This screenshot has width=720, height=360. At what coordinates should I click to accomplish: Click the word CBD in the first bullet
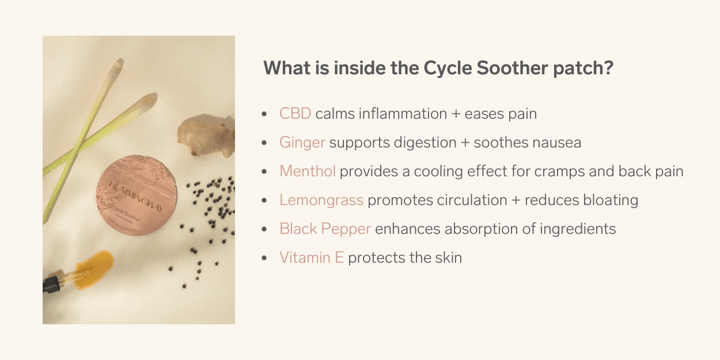[295, 113]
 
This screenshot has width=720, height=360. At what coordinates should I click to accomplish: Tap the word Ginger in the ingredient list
[302, 143]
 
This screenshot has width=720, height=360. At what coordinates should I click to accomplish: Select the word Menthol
[308, 171]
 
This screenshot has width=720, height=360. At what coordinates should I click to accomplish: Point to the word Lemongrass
[321, 200]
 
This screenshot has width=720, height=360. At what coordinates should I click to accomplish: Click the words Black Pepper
[325, 229]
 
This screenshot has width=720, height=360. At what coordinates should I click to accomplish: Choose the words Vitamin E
[312, 257]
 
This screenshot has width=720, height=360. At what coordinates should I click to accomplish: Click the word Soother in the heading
[512, 68]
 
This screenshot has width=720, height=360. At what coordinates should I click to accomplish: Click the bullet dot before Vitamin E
[264, 258]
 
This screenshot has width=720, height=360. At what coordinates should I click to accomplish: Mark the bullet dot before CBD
[264, 114]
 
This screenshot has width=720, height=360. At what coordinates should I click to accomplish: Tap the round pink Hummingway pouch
[137, 195]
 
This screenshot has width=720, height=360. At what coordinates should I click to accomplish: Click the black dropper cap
[51, 284]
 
